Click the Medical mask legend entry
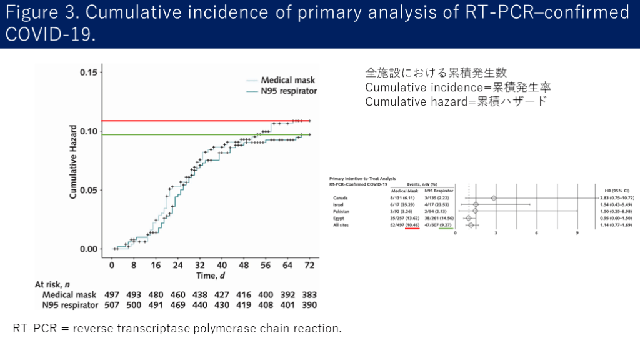(x=288, y=80)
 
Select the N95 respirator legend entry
(x=289, y=91)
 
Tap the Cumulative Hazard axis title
(x=73, y=161)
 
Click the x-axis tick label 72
(x=308, y=266)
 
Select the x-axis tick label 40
(x=222, y=266)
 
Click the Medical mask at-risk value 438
(x=199, y=295)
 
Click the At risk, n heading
(x=56, y=284)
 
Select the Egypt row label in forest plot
(x=341, y=218)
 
